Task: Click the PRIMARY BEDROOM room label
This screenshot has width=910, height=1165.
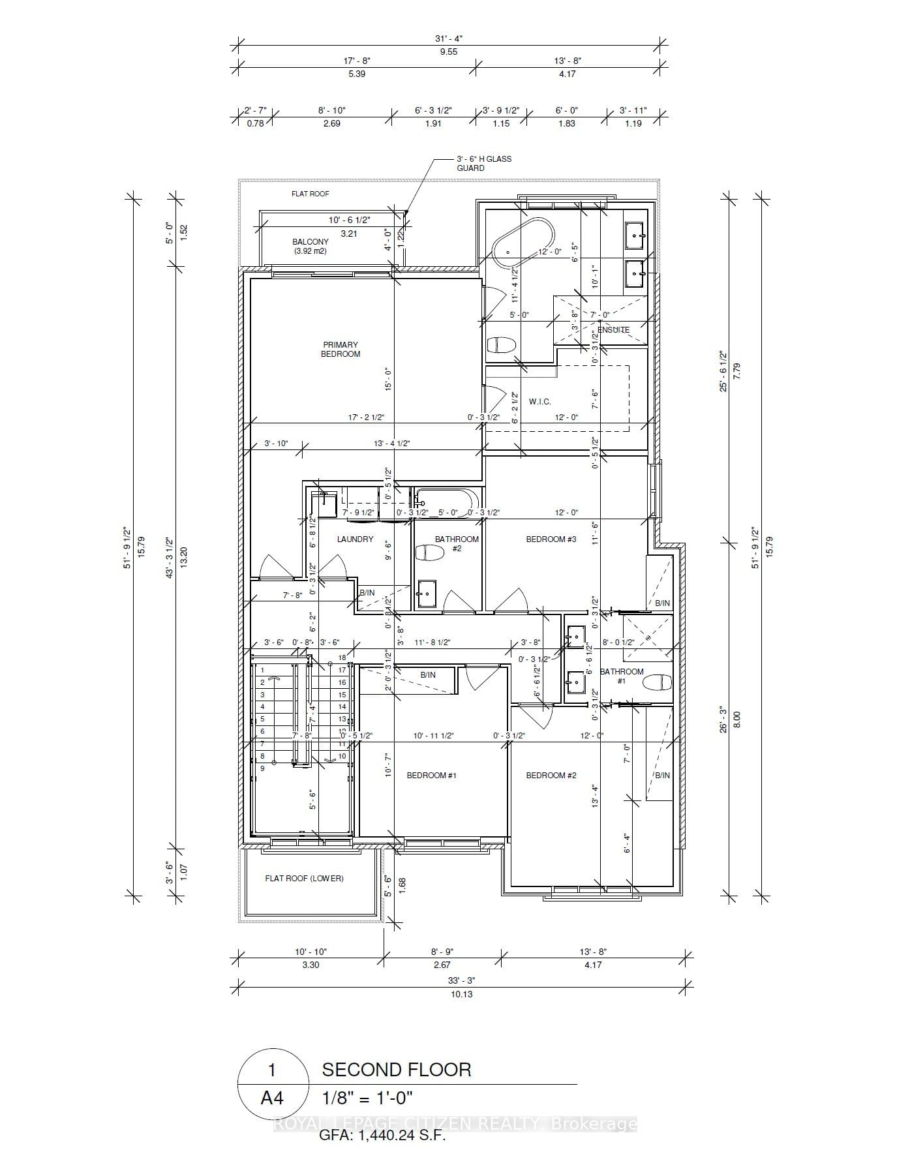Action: point(340,349)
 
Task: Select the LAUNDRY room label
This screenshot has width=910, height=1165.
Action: point(355,539)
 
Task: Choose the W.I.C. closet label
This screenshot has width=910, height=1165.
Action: point(539,401)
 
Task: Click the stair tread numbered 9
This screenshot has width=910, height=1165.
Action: point(262,768)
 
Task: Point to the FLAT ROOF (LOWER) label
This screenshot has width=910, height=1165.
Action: point(304,878)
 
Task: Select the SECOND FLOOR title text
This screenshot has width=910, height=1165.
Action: point(396,1070)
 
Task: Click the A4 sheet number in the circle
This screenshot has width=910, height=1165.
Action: point(272,1098)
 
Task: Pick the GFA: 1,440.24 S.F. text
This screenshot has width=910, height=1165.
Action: point(382,1136)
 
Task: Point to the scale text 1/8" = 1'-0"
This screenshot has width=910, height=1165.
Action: point(368,1098)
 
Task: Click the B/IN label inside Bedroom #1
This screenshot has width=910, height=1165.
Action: point(428,674)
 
